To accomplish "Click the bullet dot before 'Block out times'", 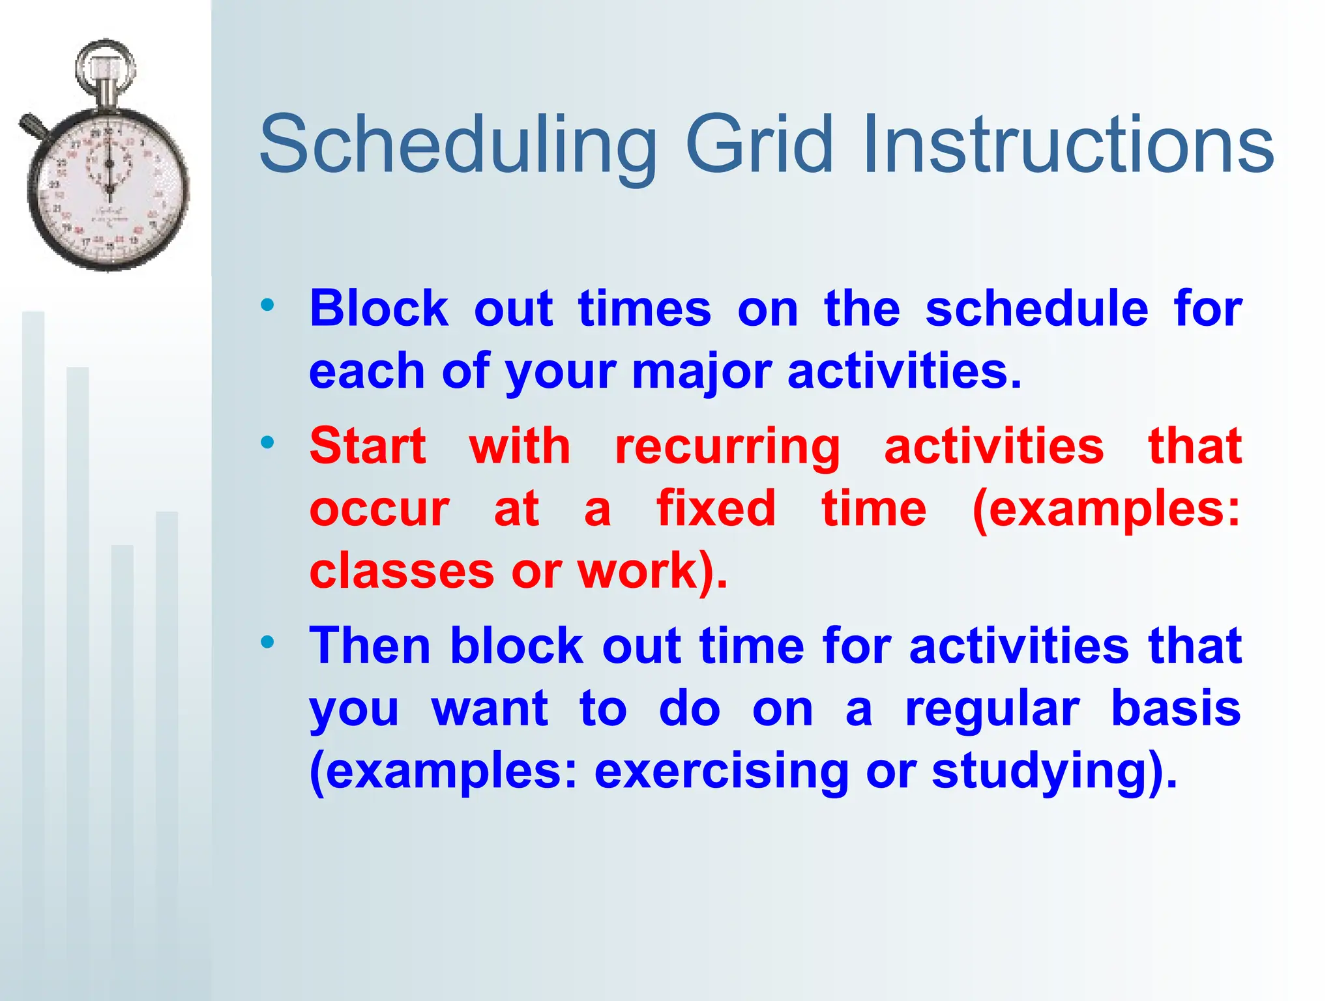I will [x=267, y=304].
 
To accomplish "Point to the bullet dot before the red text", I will [x=267, y=442].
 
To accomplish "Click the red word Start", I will [x=368, y=446].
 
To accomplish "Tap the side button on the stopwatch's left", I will [x=33, y=126].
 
